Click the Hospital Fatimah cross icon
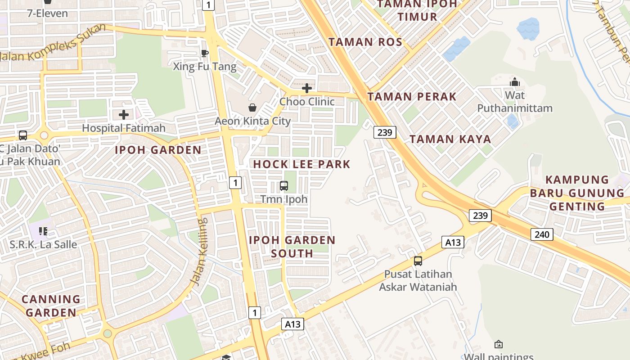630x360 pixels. [124, 115]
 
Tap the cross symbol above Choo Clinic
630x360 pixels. [307, 88]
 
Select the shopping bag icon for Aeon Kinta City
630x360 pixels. [252, 108]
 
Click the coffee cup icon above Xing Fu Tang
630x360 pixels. [205, 54]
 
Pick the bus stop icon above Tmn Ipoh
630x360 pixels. [284, 185]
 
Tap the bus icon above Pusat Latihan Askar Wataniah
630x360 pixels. [418, 261]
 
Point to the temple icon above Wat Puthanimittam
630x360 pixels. [515, 82]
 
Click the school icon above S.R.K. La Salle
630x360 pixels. [43, 231]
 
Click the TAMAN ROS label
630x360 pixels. [365, 42]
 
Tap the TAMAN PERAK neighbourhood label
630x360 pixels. [412, 97]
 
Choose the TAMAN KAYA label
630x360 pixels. [450, 139]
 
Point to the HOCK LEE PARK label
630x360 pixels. [301, 164]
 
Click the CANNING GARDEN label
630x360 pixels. [51, 306]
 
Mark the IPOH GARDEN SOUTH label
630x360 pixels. [292, 247]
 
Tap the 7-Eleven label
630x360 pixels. [48, 13]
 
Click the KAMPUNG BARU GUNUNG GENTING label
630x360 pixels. [577, 193]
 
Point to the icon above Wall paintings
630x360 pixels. [498, 344]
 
